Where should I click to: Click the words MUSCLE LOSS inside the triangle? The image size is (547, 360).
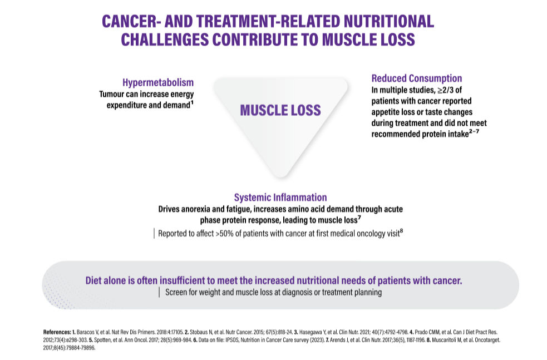tap(280, 110)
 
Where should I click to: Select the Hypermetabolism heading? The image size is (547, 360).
tap(157, 83)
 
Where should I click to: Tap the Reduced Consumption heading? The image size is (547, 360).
tap(417, 78)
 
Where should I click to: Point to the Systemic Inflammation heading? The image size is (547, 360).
tap(280, 198)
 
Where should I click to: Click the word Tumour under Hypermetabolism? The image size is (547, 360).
tap(111, 94)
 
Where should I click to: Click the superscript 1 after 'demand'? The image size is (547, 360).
tap(192, 102)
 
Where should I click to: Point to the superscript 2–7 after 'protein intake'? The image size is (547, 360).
tap(474, 131)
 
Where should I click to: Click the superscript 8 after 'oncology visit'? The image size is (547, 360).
tap(402, 230)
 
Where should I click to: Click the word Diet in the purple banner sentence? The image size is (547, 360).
tap(96, 280)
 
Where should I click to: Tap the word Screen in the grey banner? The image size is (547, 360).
tap(176, 292)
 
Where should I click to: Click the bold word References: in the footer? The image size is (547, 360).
tap(57, 332)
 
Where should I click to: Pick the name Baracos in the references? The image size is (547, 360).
tap(85, 332)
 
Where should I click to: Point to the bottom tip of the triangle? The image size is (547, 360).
tap(281, 177)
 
